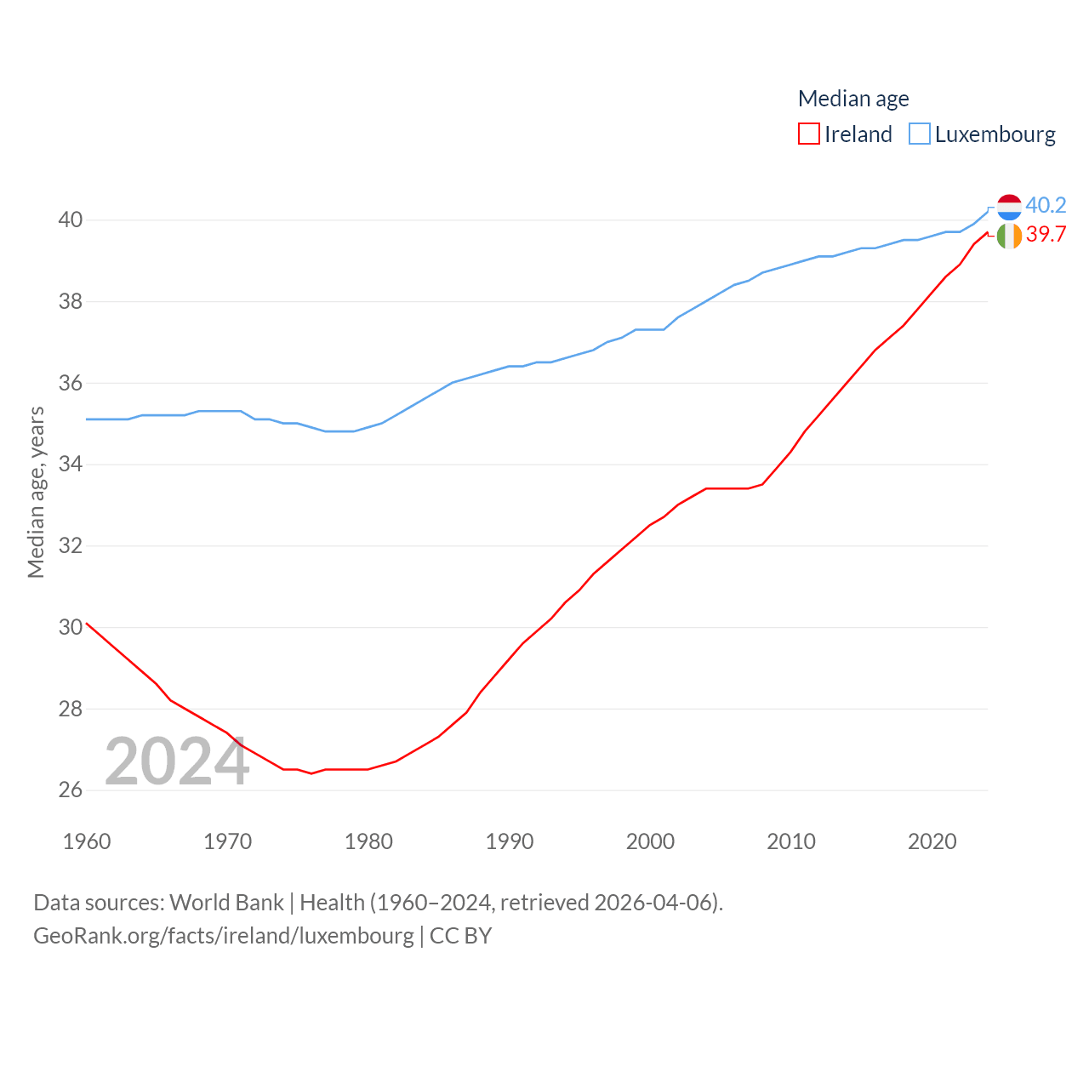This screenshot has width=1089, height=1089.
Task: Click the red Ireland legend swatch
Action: pyautogui.click(x=808, y=134)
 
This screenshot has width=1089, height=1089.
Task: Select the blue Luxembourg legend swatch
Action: pyautogui.click(x=920, y=134)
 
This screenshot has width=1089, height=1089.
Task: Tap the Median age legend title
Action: pyautogui.click(x=853, y=99)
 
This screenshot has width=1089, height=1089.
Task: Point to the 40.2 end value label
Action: pyautogui.click(x=1046, y=205)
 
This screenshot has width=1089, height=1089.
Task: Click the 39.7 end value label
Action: pyautogui.click(x=1046, y=234)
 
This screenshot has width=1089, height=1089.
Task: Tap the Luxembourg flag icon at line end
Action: pyautogui.click(x=1009, y=207)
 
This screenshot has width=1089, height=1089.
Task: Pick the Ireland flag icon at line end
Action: pyautogui.click(x=1009, y=236)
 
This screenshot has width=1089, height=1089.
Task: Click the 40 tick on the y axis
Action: pyautogui.click(x=71, y=220)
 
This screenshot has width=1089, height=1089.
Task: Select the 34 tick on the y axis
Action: pyautogui.click(x=71, y=464)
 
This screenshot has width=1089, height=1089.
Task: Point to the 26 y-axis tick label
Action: pyautogui.click(x=71, y=790)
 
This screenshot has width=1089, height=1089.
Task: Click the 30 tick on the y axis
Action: pyautogui.click(x=71, y=627)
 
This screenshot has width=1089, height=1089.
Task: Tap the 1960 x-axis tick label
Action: pyautogui.click(x=87, y=841)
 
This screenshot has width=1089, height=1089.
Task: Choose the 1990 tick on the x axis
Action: pyautogui.click(x=510, y=841)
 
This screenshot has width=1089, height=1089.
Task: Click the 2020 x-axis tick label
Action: pyautogui.click(x=932, y=841)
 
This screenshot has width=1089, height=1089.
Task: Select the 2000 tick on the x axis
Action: pyautogui.click(x=650, y=841)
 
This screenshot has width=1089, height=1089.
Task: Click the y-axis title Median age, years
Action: pyautogui.click(x=36, y=493)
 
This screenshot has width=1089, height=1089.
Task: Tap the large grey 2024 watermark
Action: pyautogui.click(x=177, y=761)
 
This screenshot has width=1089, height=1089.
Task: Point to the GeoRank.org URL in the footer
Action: pyautogui.click(x=224, y=936)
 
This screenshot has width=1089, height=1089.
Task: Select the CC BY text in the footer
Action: pyautogui.click(x=460, y=936)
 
